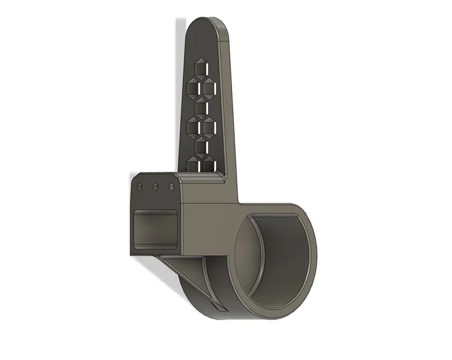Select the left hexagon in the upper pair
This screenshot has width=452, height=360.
(x=192, y=87)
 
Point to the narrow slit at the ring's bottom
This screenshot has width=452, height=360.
(x=219, y=308)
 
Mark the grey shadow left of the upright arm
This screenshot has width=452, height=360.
(x=180, y=86)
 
